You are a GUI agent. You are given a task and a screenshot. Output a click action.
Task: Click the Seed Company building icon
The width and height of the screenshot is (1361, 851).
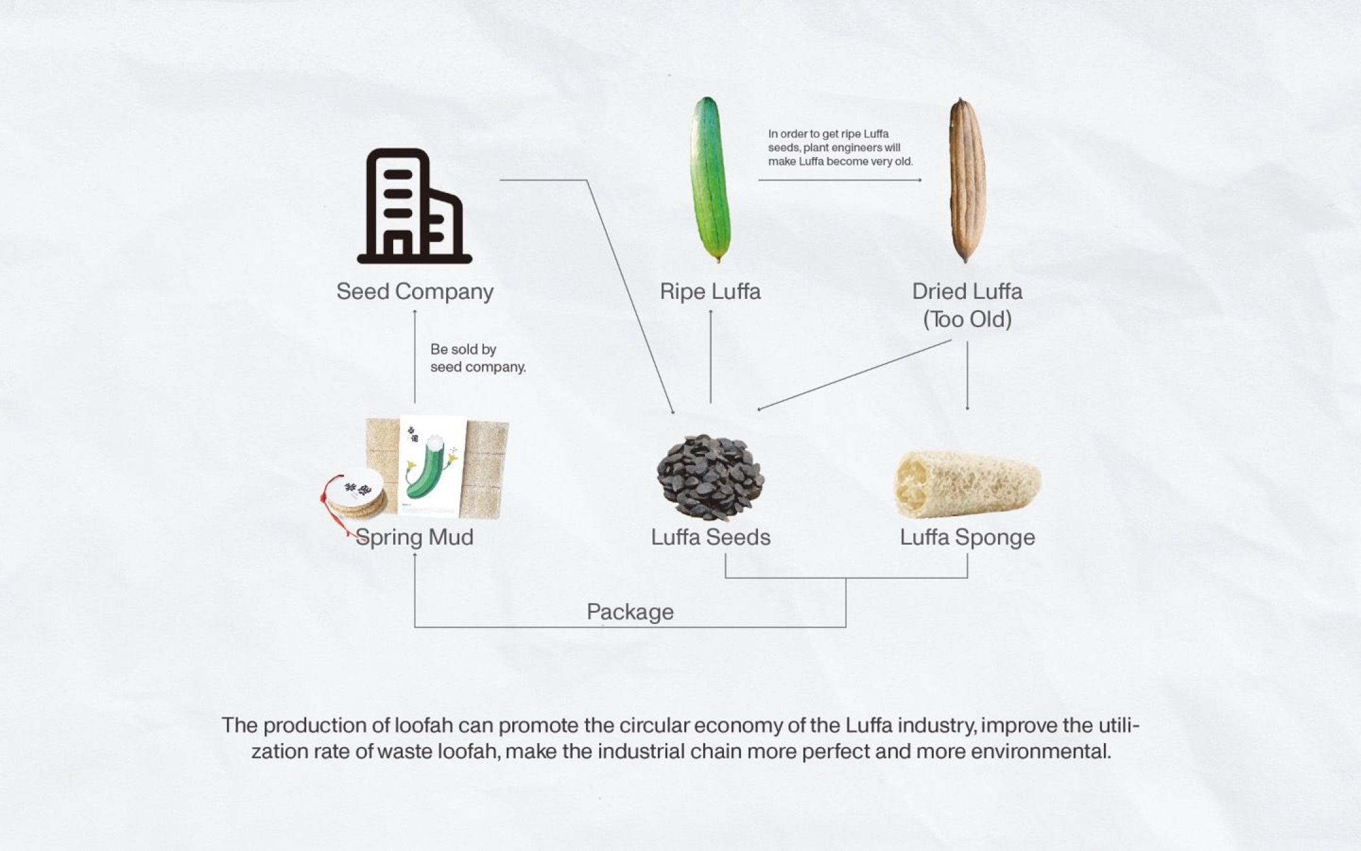(x=414, y=206)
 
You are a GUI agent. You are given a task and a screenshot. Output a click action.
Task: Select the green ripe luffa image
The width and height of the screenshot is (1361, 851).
(x=710, y=180)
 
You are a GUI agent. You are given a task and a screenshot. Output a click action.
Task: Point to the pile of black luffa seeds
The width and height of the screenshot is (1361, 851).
(x=710, y=477)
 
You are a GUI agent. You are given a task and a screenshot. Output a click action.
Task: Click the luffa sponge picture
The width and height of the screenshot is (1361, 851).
(x=967, y=483)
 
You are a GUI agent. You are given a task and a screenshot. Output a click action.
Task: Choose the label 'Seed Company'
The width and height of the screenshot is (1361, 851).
(x=415, y=292)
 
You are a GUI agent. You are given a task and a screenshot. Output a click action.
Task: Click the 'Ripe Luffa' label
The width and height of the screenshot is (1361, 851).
(x=710, y=292)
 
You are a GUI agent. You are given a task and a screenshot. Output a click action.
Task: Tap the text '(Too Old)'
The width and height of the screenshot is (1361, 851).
(x=967, y=320)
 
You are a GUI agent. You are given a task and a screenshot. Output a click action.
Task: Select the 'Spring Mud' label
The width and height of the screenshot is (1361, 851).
(x=415, y=537)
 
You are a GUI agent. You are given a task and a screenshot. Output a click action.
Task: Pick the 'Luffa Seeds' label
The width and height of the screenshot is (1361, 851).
(x=710, y=537)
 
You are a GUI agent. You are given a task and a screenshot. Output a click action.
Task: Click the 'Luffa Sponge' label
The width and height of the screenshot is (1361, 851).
(x=967, y=537)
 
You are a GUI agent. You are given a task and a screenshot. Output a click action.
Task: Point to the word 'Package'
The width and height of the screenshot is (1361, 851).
(x=629, y=611)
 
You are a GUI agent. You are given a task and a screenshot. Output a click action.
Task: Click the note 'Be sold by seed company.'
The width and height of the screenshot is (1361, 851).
(x=477, y=358)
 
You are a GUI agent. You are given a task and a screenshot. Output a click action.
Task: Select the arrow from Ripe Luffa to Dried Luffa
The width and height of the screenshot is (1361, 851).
(x=839, y=180)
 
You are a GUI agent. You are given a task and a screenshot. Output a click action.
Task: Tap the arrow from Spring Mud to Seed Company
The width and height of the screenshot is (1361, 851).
(x=415, y=356)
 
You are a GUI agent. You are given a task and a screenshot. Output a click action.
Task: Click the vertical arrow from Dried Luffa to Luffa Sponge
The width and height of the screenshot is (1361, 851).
(x=967, y=375)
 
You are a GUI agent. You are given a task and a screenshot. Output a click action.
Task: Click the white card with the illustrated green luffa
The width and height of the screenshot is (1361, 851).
(x=432, y=465)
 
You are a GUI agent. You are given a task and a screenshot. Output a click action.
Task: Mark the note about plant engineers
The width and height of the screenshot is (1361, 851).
(x=840, y=148)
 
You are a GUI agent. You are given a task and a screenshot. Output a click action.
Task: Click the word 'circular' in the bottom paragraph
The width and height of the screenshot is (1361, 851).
(x=653, y=726)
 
